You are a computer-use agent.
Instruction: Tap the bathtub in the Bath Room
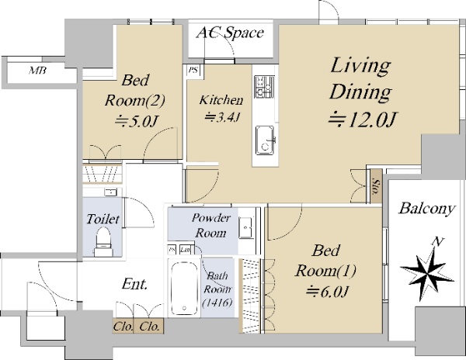click(x=184, y=287)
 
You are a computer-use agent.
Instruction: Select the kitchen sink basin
click(x=266, y=140)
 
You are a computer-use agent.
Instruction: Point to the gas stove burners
click(x=264, y=87)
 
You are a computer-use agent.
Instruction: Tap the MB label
click(x=38, y=71)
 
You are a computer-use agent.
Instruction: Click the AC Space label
click(x=230, y=33)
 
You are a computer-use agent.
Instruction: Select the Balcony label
click(x=426, y=209)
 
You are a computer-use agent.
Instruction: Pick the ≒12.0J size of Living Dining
click(x=363, y=119)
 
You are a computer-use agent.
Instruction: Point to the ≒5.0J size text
click(x=135, y=121)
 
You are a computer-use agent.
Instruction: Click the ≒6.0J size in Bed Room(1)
click(x=327, y=292)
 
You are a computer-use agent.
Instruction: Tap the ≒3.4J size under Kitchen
click(x=222, y=117)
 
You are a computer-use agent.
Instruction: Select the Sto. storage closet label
click(x=376, y=186)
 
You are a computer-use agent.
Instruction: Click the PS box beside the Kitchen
click(x=193, y=71)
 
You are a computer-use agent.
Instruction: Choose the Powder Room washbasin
click(x=246, y=227)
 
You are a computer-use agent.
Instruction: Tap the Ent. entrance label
click(x=135, y=284)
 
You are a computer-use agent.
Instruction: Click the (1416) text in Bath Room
click(x=217, y=303)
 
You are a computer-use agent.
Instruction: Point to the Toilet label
click(x=103, y=220)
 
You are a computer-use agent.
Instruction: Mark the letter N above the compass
click(x=437, y=242)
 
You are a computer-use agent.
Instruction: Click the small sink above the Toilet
click(x=110, y=192)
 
